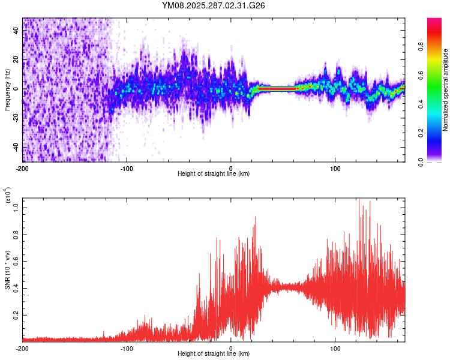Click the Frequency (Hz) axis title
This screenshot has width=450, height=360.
pyautogui.click(x=7, y=89)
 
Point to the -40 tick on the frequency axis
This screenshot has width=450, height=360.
pyautogui.click(x=16, y=148)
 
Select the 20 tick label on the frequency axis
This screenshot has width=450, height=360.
pyautogui.click(x=16, y=60)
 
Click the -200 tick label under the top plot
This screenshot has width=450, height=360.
pyautogui.click(x=23, y=167)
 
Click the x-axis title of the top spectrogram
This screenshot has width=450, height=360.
pyautogui.click(x=214, y=174)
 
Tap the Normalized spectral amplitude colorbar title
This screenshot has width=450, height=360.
pyautogui.click(x=446, y=89)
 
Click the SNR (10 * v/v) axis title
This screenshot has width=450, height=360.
pyautogui.click(x=7, y=268)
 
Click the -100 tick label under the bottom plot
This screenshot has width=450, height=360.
pyautogui.click(x=127, y=348)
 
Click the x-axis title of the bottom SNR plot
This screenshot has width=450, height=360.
pyautogui.click(x=214, y=354)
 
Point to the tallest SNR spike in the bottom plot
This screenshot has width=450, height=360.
pyautogui.click(x=359, y=200)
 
